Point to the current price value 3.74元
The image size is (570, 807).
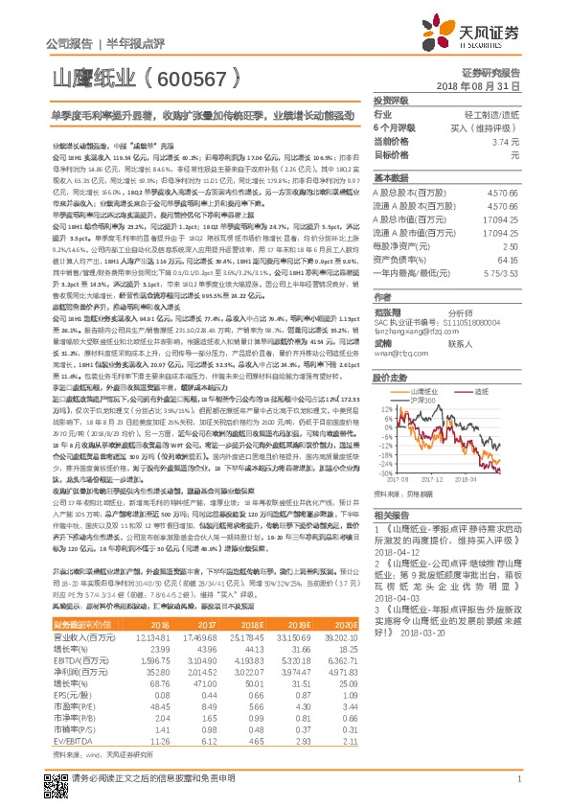coord(513,141)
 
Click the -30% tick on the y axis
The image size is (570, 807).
coord(382,473)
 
